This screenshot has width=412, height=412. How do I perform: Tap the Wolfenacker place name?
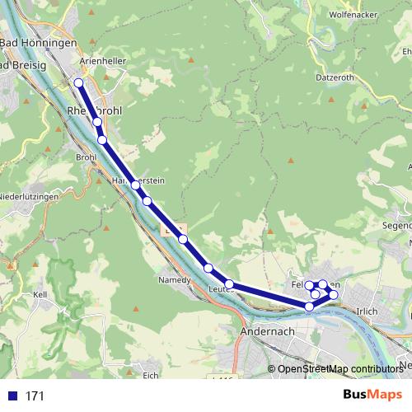pyautogui.click(x=353, y=15)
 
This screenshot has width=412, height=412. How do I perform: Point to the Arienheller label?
pyautogui.click(x=101, y=60)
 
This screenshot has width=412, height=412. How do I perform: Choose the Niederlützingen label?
pyautogui.click(x=29, y=196)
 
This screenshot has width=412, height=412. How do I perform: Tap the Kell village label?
pyautogui.click(x=39, y=294)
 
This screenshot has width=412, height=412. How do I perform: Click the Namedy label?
pyautogui.click(x=174, y=280)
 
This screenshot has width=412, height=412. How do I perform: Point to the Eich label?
pyautogui.click(x=150, y=376)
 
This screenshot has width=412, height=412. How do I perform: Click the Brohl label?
pyautogui.click(x=86, y=157)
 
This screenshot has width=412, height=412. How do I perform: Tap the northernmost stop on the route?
pyautogui.click(x=79, y=83)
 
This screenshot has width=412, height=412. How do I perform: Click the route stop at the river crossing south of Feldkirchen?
pyautogui.click(x=310, y=307)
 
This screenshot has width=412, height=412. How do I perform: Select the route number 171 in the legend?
pyautogui.click(x=35, y=396)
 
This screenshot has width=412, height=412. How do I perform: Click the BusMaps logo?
pyautogui.click(x=373, y=395)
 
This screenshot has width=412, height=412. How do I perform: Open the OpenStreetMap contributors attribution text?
pyautogui.click(x=340, y=369)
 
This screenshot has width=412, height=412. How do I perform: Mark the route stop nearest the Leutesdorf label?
pyautogui.click(x=229, y=285)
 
